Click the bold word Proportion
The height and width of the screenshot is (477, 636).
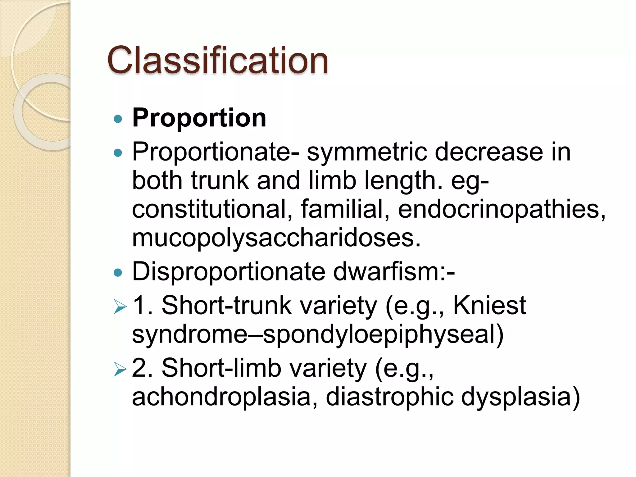(199, 118)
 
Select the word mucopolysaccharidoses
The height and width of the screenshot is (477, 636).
(276, 238)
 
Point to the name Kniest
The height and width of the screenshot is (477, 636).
(489, 306)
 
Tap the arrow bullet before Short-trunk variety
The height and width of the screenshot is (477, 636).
(120, 307)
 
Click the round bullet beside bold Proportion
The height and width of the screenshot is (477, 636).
(118, 119)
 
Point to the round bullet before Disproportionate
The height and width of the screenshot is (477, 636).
(118, 273)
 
